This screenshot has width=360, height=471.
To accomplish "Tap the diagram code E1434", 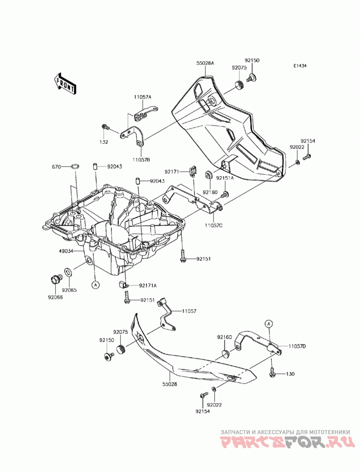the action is pyautogui.click(x=300, y=66).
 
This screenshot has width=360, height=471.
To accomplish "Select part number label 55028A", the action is pyautogui.click(x=205, y=63).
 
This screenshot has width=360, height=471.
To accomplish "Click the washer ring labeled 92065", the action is pyautogui.click(x=68, y=273).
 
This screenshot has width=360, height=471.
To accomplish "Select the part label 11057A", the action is pyautogui.click(x=143, y=97).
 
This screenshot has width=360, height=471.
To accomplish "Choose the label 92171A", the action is pyautogui.click(x=148, y=285).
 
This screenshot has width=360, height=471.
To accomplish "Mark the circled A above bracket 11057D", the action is pyautogui.click(x=269, y=323).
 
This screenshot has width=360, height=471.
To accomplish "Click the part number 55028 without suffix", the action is pyautogui.click(x=170, y=384).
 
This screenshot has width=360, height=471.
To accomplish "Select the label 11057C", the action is pyautogui.click(x=214, y=225).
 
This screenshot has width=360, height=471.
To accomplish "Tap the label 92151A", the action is pyautogui.click(x=225, y=178).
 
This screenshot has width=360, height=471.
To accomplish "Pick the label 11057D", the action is pyautogui.click(x=297, y=346).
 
